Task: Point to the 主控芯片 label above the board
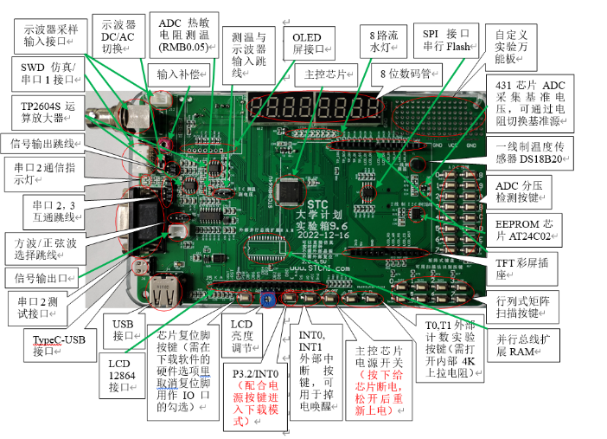[x=325, y=74]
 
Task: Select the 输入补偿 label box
[x=179, y=75]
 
